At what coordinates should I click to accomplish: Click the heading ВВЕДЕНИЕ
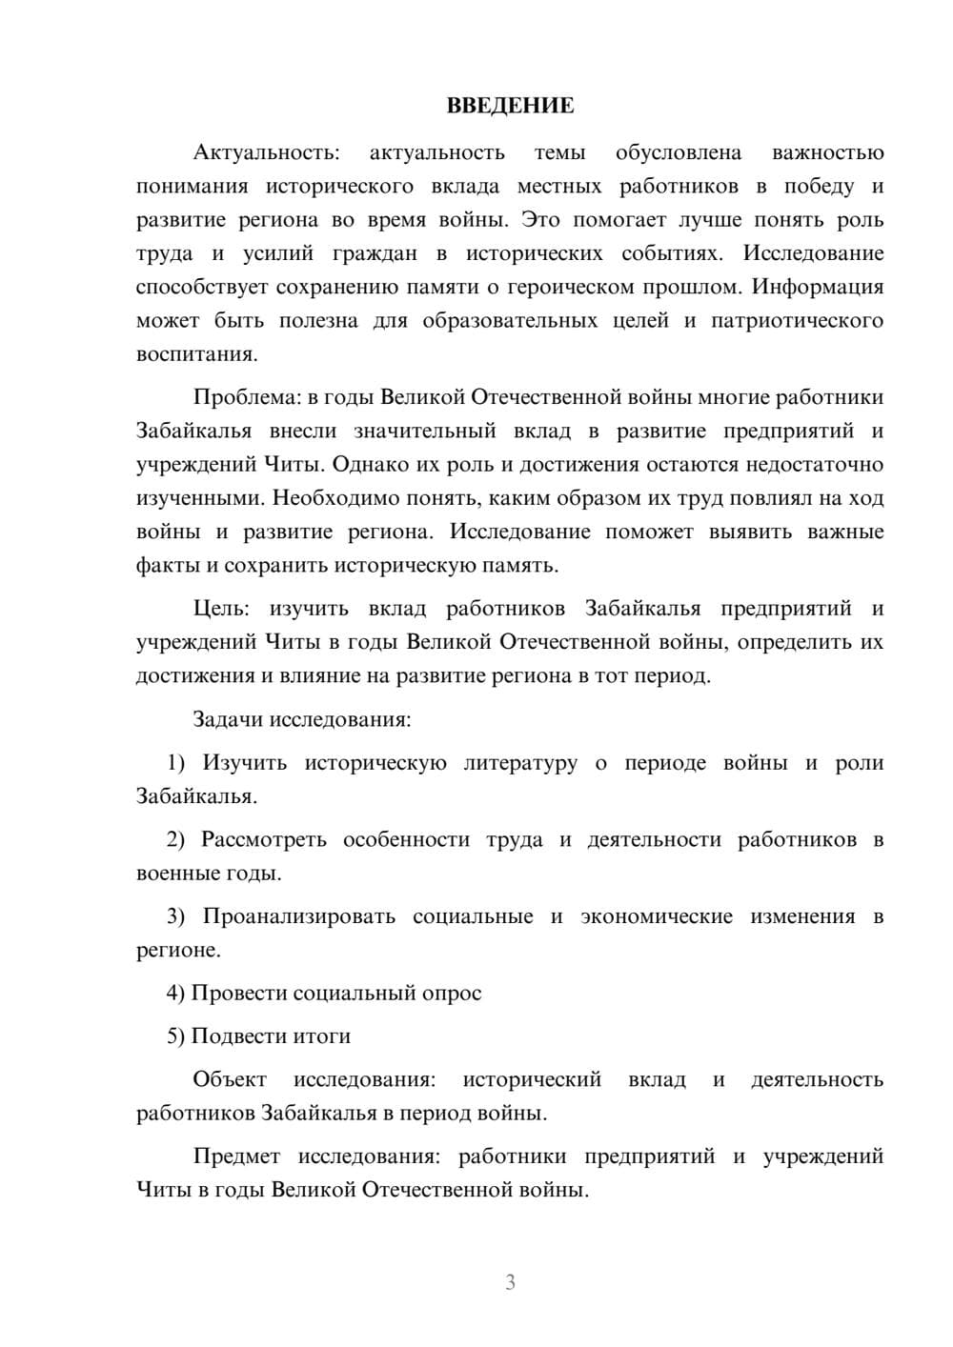510,106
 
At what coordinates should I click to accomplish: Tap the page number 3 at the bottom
510,1282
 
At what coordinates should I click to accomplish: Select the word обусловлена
679,152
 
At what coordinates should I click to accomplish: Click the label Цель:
221,609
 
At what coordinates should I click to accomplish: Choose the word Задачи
228,719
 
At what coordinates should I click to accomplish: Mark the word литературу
521,763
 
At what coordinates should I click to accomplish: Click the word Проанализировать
299,916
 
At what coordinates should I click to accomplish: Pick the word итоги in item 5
321,1036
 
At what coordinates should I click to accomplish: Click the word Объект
230,1079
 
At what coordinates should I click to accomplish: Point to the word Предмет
236,1156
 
